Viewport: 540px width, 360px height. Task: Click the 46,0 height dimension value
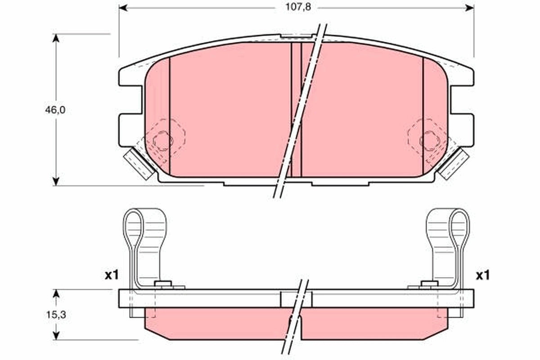55,110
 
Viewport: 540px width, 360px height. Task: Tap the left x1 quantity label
112,275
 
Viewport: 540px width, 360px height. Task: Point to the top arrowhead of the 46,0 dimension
56,38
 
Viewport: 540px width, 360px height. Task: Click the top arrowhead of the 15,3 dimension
56,293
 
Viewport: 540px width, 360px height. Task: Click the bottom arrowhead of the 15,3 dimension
56,335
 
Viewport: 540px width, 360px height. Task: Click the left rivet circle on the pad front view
162,141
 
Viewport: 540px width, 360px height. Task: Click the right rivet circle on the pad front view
429,141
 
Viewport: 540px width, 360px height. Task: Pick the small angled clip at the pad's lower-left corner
138,163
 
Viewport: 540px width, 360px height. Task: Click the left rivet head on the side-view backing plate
163,283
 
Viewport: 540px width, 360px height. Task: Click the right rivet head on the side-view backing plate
429,283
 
